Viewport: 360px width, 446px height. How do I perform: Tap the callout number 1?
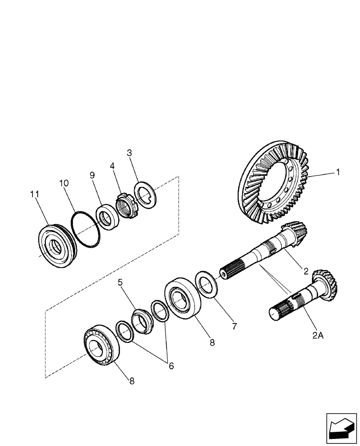click(338, 172)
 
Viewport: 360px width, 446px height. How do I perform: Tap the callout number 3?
click(130, 153)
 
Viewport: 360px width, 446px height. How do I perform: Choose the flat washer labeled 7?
click(207, 284)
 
